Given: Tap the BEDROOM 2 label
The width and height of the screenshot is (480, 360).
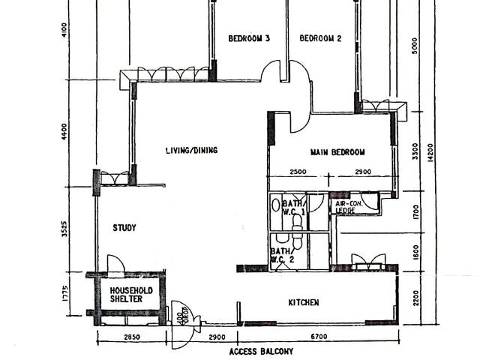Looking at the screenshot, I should click(320, 39).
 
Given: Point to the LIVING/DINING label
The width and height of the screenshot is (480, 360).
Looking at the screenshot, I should click(191, 151).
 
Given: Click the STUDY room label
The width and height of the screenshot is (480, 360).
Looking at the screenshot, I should click(124, 228).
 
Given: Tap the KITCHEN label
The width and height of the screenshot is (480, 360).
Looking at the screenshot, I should click(304, 303).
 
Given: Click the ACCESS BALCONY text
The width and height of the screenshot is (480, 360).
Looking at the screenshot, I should click(261, 351).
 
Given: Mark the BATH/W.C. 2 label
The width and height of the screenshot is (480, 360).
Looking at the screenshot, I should click(281, 256).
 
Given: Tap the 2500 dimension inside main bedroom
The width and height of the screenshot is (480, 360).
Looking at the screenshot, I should click(298, 172).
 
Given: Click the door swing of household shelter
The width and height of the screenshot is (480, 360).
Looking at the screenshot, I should click(115, 263).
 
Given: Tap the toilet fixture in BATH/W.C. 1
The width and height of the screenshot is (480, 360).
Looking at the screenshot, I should click(276, 204).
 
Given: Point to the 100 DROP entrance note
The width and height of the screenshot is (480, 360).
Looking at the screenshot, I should click(180, 312).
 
